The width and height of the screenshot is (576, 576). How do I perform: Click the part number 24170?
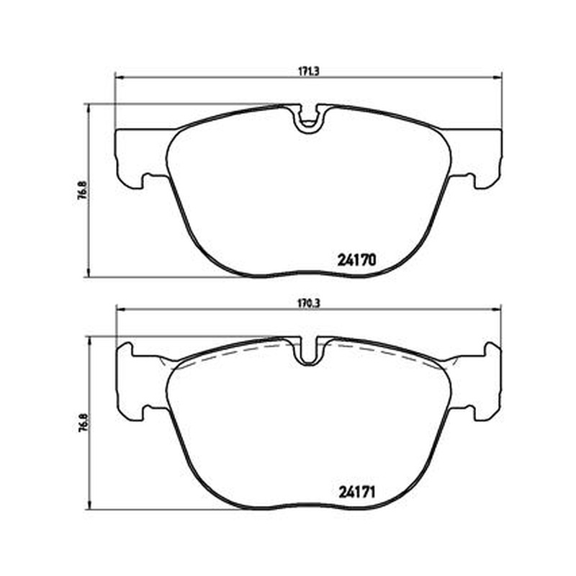tap(356, 260)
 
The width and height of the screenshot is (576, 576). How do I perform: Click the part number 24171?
tap(356, 492)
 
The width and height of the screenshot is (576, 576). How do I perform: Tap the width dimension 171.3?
tap(309, 71)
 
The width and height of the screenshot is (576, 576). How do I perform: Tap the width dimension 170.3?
tap(309, 303)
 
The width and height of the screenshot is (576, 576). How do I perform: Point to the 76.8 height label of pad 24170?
tap(83, 190)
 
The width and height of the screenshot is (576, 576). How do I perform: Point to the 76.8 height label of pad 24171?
tap(83, 423)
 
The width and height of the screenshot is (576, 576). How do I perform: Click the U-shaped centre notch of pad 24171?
tap(309, 351)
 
